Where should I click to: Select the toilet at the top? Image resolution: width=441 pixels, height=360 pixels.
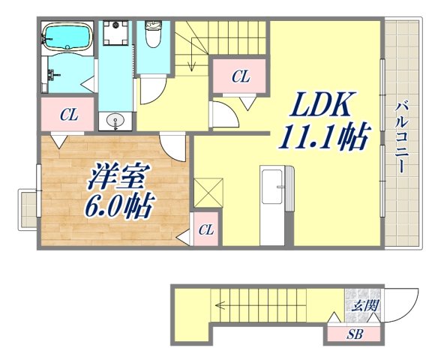153,34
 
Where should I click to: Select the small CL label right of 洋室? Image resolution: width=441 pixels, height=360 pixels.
205,230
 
